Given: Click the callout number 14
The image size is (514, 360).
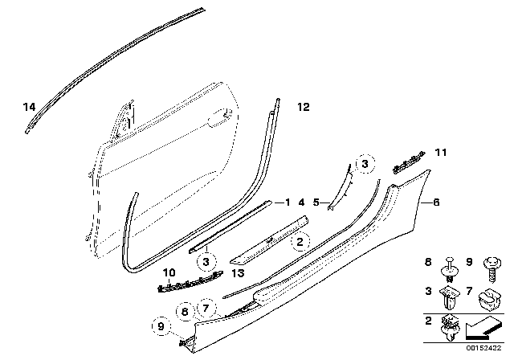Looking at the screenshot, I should (x=30, y=107).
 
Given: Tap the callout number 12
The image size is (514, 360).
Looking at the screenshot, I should (x=302, y=106).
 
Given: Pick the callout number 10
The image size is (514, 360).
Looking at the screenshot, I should (x=169, y=273).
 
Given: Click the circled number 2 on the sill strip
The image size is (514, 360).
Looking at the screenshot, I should (x=299, y=240).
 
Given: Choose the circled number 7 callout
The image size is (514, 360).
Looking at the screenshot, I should (x=206, y=306).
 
